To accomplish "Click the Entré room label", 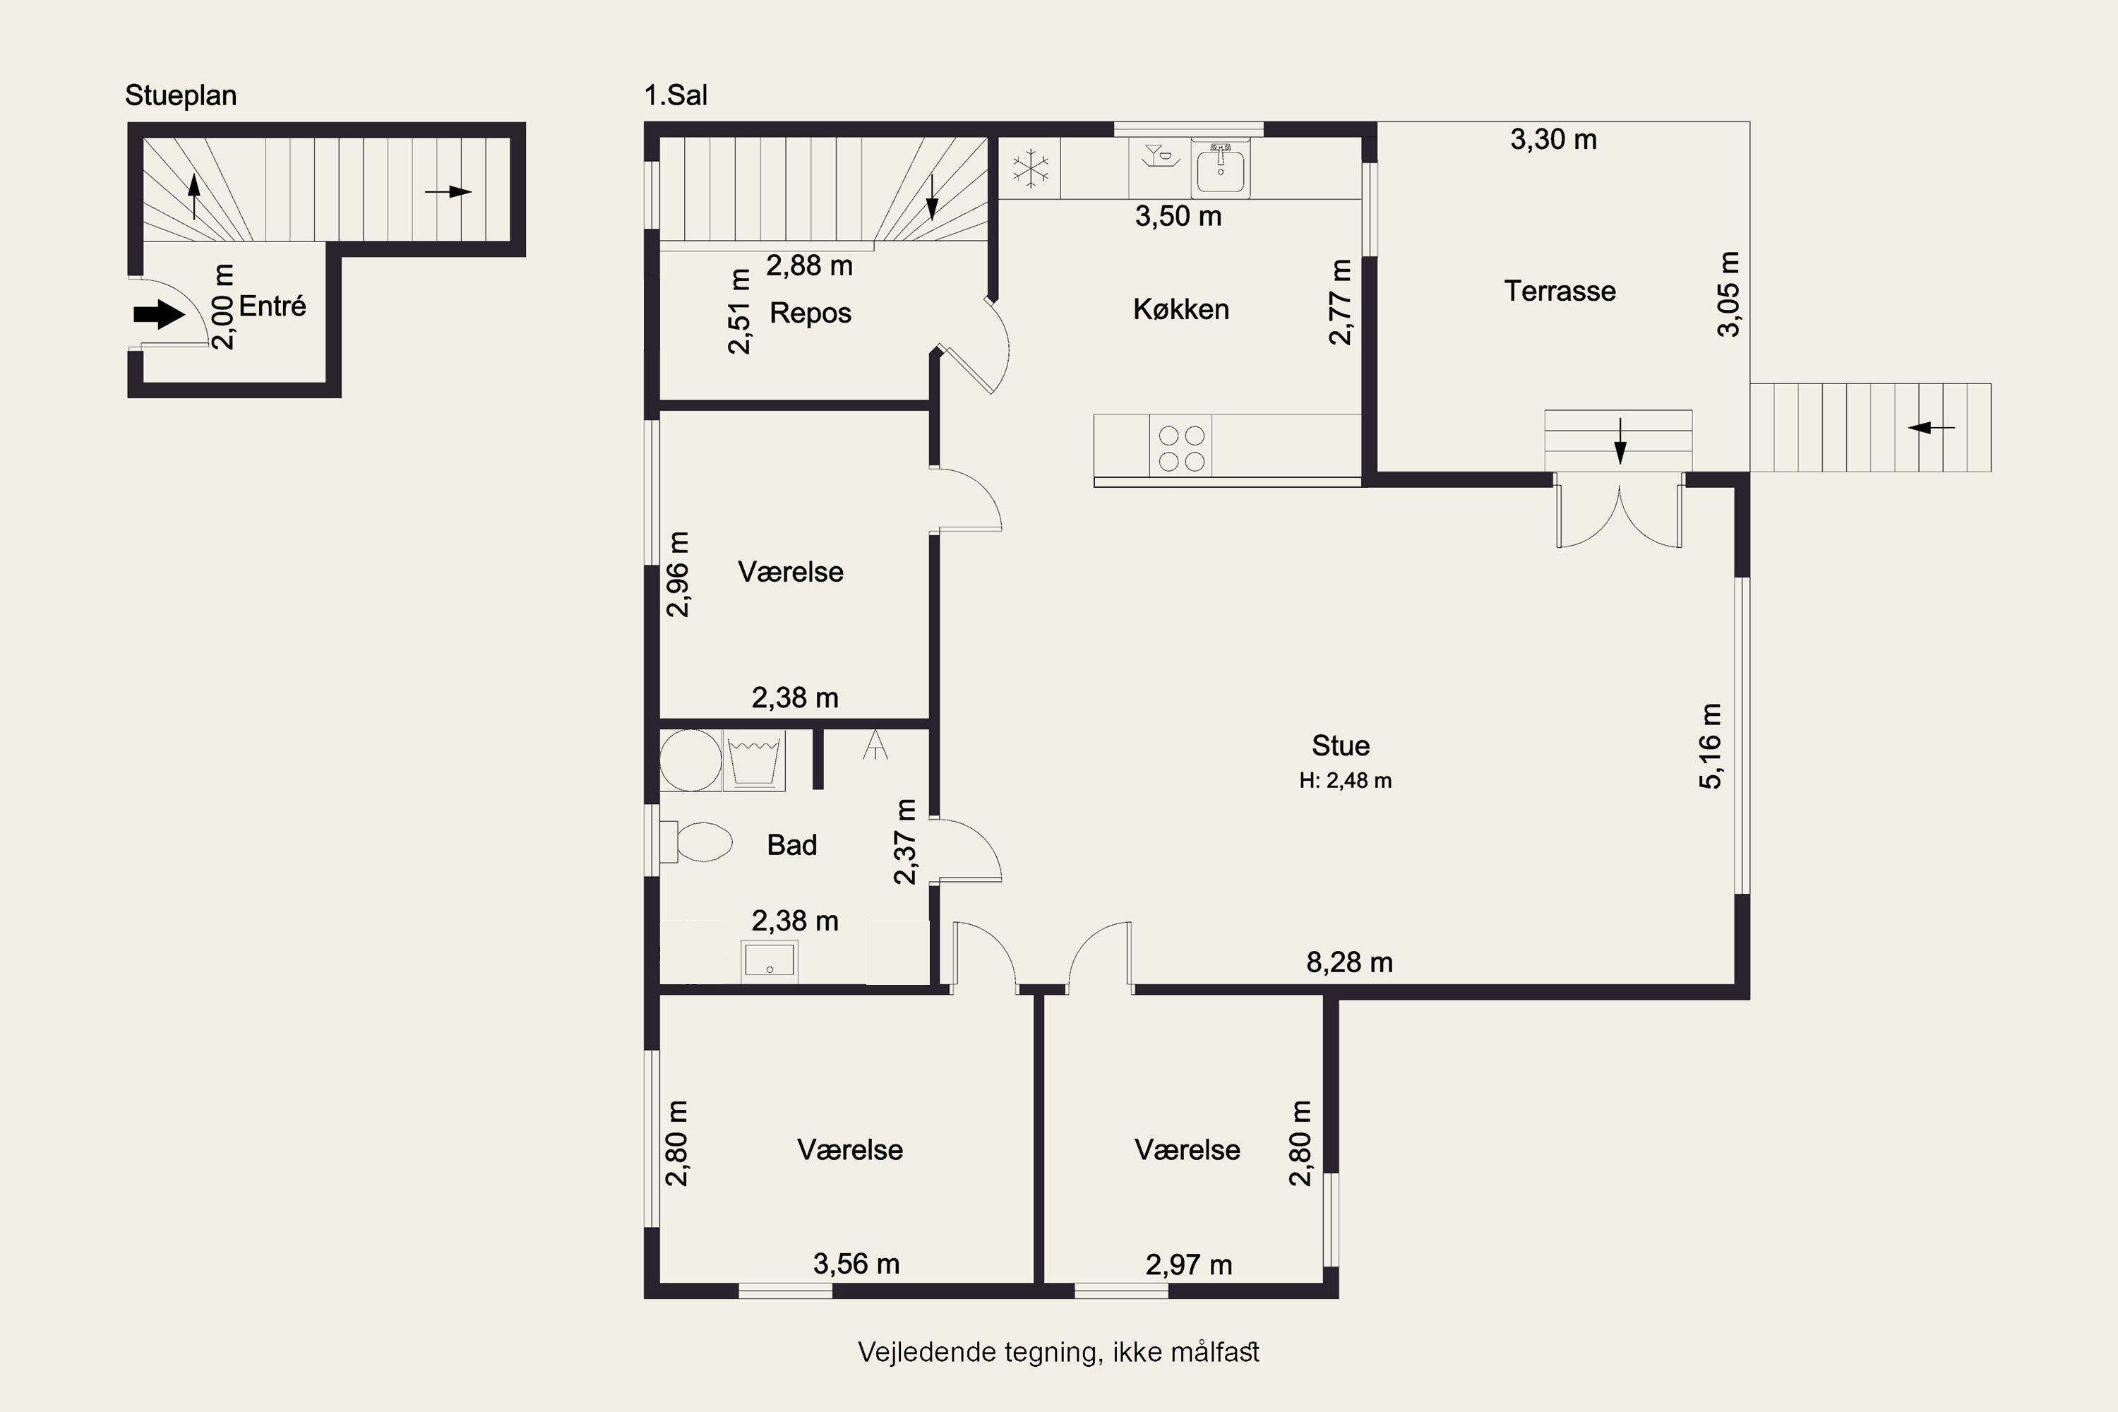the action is (272, 306).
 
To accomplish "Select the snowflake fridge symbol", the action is (1030, 169).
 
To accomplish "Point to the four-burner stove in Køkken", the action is (1181, 448).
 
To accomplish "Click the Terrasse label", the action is (1560, 291).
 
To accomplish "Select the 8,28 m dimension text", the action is (1349, 963).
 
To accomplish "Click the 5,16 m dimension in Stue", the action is (1710, 746).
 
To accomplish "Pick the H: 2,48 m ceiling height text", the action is (1346, 781).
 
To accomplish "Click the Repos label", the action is (810, 313).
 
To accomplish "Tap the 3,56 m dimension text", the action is (856, 1264).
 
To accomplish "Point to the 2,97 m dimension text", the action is (1189, 1265).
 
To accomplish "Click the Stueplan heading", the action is (181, 95).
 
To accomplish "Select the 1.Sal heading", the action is (676, 95).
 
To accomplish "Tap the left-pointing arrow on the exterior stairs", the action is (1932, 427).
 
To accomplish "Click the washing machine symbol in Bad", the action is (690, 761).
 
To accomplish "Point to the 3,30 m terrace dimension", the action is (1553, 140).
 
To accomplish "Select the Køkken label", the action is (1180, 310).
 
